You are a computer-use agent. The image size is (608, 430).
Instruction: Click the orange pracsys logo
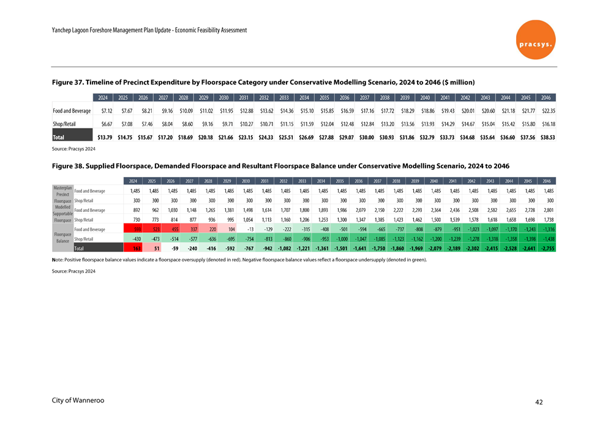pos(535,39)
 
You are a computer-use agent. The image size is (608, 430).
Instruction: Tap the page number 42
pos(538,402)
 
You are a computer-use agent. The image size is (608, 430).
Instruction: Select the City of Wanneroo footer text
pos(78,401)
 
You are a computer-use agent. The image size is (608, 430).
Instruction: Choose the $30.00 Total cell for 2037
pos(366,137)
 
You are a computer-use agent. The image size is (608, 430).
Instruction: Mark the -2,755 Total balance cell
pos(546,249)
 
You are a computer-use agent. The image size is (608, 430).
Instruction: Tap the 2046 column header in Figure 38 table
pos(547,181)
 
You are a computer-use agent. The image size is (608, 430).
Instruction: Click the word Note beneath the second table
pos(59,260)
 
